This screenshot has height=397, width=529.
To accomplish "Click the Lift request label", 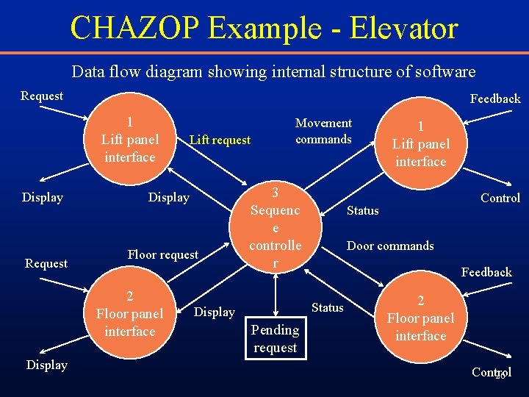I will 220,140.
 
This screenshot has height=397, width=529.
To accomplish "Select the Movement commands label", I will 323,131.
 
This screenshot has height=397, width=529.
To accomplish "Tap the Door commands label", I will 390,246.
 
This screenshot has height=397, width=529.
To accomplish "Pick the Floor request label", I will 163,254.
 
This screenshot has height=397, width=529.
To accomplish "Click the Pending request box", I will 275,338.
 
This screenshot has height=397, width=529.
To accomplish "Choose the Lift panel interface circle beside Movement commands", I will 420,143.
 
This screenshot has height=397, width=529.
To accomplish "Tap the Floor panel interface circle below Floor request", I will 130,312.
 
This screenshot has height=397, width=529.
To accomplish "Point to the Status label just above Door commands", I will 362,211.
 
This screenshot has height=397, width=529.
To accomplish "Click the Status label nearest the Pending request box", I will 327,307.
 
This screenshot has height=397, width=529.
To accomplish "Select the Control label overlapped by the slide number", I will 492,373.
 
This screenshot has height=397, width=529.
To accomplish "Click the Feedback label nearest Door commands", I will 486,272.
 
